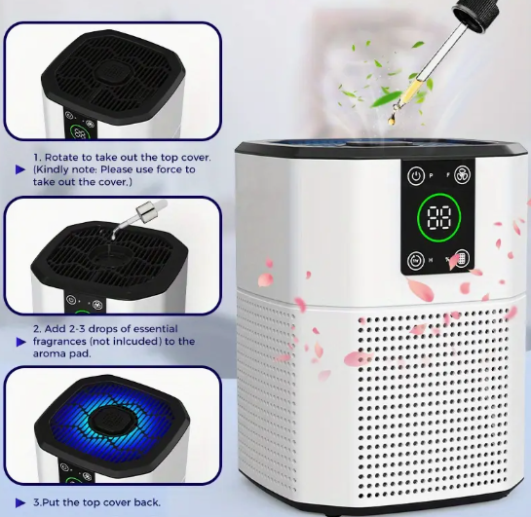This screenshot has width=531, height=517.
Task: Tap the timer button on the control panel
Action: pos(416,260)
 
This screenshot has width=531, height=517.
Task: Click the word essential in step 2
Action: pos(150,329)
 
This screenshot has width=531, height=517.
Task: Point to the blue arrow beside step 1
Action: pos(21,169)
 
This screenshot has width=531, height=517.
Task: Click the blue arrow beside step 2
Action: pos(21,342)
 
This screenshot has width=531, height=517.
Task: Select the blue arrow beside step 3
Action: pos(21,501)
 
